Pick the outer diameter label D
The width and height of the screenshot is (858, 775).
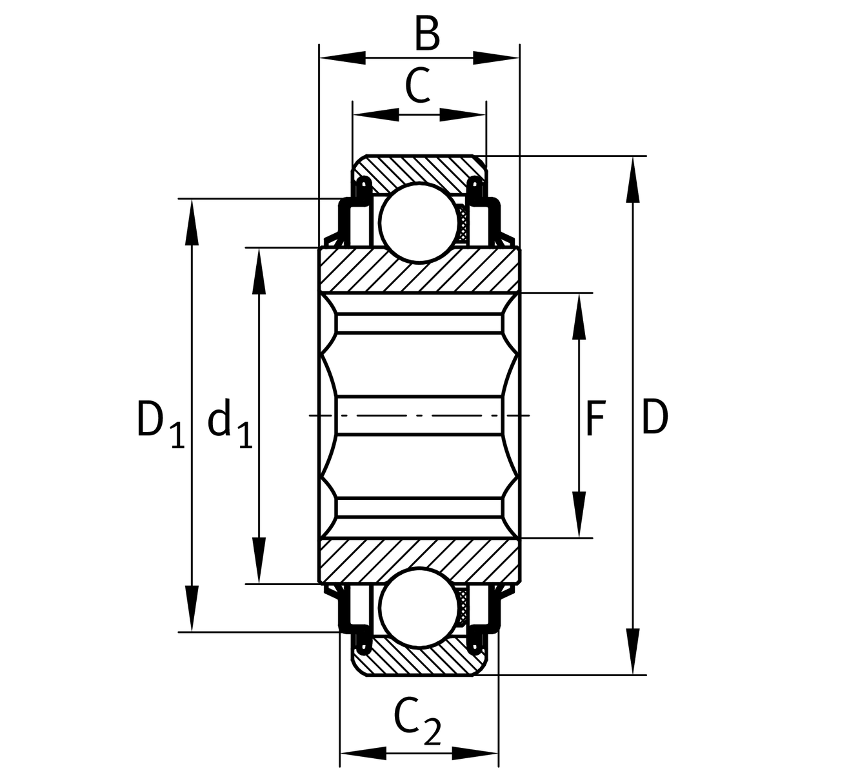pyautogui.click(x=655, y=418)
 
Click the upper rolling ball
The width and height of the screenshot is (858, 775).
pyautogui.click(x=419, y=222)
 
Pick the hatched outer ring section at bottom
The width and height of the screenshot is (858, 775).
pyautogui.click(x=419, y=662)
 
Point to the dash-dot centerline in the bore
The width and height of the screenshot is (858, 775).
pyautogui.click(x=419, y=415)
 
